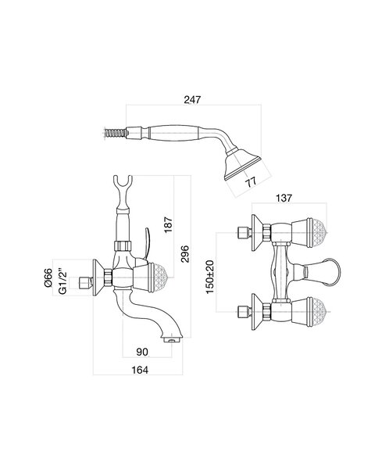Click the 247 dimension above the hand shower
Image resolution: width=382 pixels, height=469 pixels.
click(192, 99)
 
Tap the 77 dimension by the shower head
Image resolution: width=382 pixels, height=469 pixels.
click(251, 182)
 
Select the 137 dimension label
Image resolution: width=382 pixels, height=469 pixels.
click(284, 198)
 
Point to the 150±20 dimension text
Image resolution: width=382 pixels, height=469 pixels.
click(210, 277)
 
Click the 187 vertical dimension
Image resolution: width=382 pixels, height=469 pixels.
click(169, 224)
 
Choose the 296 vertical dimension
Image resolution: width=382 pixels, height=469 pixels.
click(185, 254)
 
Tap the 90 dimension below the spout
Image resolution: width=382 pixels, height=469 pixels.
click(142, 352)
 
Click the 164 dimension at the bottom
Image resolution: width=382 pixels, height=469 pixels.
click(140, 370)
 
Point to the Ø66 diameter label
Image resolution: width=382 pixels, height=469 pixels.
click(48, 277)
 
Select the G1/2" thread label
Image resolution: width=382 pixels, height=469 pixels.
click(62, 283)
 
